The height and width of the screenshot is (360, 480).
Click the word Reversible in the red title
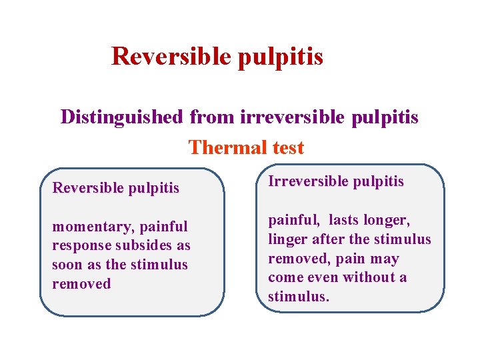[171, 56]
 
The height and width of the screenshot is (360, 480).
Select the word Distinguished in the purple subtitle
[121, 117]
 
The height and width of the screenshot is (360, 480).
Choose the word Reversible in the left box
[83, 188]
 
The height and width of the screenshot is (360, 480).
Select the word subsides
[142, 246]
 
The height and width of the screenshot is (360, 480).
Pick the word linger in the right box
[287, 239]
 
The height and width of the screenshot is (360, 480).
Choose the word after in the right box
[327, 239]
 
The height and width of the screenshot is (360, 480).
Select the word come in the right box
[284, 277]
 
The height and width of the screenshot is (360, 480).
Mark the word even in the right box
[323, 277]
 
